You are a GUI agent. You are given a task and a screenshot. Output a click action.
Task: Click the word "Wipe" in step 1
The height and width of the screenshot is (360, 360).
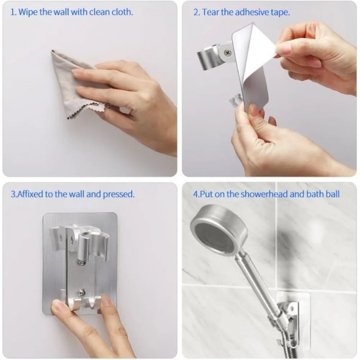(x=27, y=12)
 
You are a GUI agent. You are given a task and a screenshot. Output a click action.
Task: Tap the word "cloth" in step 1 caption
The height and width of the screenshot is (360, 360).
(x=123, y=12)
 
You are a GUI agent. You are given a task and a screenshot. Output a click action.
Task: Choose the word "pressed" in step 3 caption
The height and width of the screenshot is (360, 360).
(x=119, y=194)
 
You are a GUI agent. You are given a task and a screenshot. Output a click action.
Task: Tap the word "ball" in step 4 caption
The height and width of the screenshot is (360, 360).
(x=332, y=194)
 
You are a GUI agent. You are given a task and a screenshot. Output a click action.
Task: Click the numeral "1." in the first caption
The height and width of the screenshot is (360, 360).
(x=13, y=12)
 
